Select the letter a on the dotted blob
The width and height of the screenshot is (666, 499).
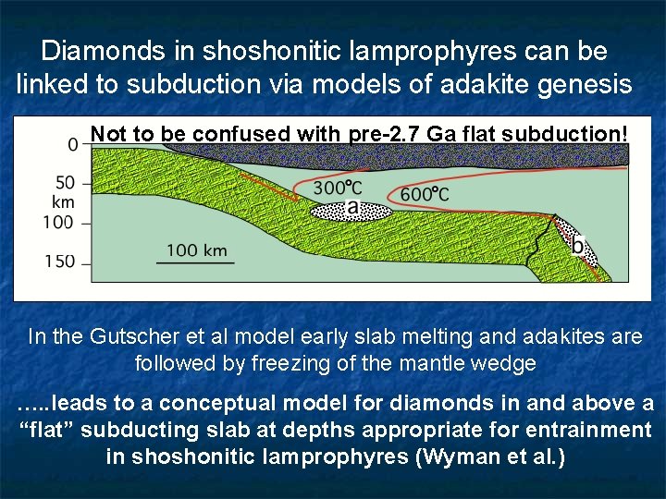[x=351, y=209]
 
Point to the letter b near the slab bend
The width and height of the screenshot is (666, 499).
[x=578, y=246]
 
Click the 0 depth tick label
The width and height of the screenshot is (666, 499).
[x=73, y=144]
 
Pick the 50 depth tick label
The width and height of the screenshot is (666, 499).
[x=65, y=183]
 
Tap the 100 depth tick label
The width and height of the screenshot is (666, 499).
[x=58, y=222]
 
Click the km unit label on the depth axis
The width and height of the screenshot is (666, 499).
[x=63, y=201]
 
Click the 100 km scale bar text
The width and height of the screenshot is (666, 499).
[x=197, y=249]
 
